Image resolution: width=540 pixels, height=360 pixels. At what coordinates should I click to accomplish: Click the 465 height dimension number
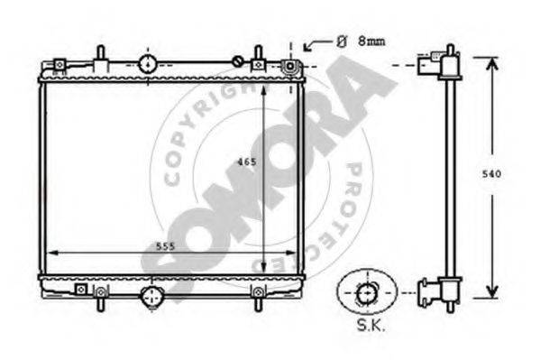(247, 162)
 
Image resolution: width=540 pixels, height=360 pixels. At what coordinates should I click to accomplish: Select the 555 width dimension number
(166, 246)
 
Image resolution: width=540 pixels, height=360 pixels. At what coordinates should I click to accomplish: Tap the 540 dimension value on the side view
(491, 174)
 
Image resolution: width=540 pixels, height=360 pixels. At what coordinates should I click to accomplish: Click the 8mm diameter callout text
(371, 42)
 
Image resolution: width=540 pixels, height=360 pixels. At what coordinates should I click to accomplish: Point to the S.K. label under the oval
(371, 325)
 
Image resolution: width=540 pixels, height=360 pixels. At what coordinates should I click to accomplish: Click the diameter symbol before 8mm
(341, 42)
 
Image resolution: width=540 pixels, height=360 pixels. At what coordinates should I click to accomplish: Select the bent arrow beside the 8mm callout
(316, 45)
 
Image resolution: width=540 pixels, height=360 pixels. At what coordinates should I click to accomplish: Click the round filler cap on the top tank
(148, 64)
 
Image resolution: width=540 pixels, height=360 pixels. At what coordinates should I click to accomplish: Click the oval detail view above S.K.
(367, 292)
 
